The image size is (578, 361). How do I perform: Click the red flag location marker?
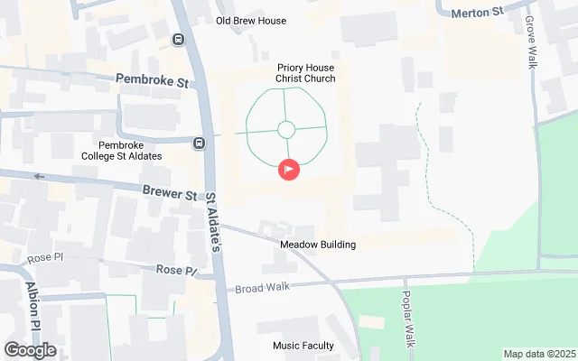288,169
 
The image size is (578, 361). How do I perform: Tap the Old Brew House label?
251,21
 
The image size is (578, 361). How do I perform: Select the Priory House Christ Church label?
305,72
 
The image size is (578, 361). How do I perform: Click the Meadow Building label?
317,245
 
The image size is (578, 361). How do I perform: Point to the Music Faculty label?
303,346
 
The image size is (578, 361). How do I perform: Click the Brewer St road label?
170,193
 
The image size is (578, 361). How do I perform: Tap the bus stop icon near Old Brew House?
178,39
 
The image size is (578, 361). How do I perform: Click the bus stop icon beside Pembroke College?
198,141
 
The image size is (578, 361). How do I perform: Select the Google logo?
30,350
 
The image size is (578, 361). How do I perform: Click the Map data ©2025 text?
537,354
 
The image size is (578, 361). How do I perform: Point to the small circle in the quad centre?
285,130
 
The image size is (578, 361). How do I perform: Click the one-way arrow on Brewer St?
39,176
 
